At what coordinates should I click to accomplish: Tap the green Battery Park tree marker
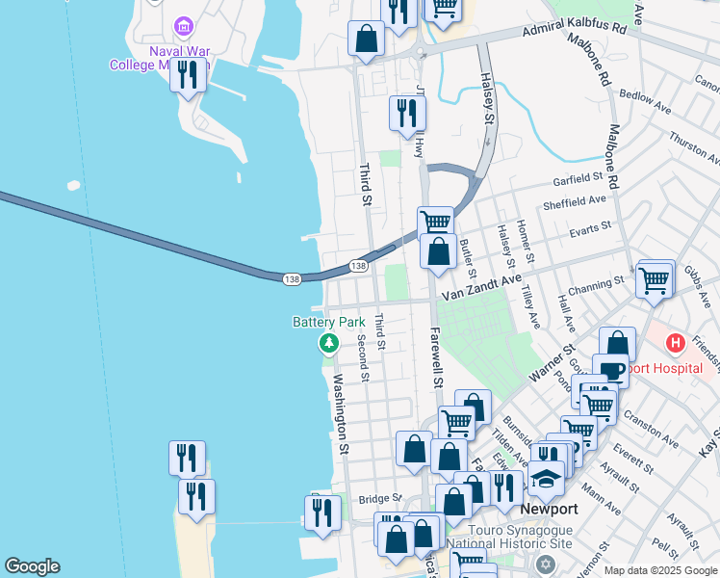click(329, 342)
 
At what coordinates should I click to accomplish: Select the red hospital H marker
click(676, 342)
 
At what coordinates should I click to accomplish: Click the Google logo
click(32, 566)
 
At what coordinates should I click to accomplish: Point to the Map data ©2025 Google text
click(659, 570)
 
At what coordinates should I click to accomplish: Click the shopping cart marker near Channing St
click(654, 280)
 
